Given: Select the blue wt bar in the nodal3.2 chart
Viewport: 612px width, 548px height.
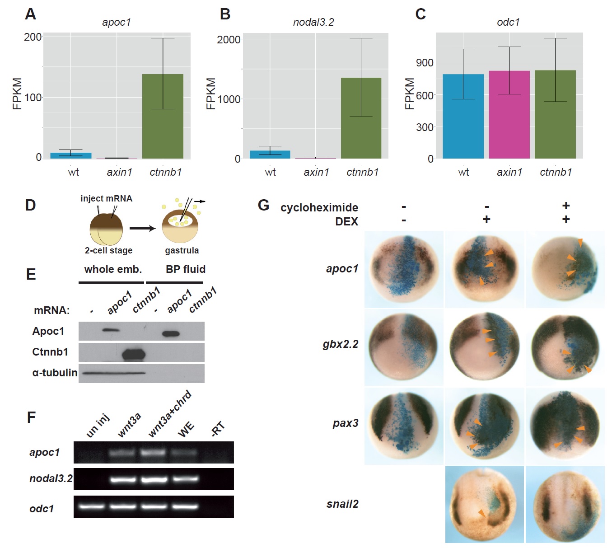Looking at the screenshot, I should point(270,155).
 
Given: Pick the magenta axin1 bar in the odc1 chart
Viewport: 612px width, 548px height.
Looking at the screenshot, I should point(509,115).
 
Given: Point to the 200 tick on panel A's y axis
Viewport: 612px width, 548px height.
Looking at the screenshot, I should point(33,37).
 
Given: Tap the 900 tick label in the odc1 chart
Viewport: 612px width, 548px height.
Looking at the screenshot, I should point(425,63).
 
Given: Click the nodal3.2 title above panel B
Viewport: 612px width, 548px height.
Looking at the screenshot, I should point(313,22).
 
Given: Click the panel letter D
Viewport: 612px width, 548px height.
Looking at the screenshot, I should point(30,206).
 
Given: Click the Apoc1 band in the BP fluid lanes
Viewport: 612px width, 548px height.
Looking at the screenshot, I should point(171,334).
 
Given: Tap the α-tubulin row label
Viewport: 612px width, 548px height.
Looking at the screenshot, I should point(55,373).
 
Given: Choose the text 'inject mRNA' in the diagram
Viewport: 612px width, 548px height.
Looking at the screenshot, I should point(106,198).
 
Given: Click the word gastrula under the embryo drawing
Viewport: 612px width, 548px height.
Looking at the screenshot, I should point(182,250).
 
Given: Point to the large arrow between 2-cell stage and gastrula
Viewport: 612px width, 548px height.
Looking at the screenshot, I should point(142,228).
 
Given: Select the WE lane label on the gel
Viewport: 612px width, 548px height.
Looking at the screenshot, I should point(186,429).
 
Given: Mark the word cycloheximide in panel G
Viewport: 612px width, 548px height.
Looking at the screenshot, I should point(319,207).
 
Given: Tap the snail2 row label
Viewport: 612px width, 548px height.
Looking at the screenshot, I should point(342,504).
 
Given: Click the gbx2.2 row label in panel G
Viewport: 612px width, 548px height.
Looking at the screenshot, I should point(341,344).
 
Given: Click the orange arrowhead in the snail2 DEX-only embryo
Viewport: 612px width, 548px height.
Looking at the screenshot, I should point(482,513).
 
